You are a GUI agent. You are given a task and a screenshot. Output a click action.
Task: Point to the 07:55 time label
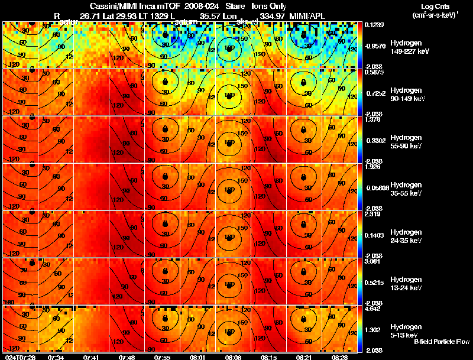tap(163, 356)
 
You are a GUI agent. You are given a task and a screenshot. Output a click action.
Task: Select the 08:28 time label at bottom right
tap(340, 356)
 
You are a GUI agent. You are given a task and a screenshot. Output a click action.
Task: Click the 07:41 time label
tap(92, 356)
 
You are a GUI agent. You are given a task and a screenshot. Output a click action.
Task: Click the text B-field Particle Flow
tap(440, 342)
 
